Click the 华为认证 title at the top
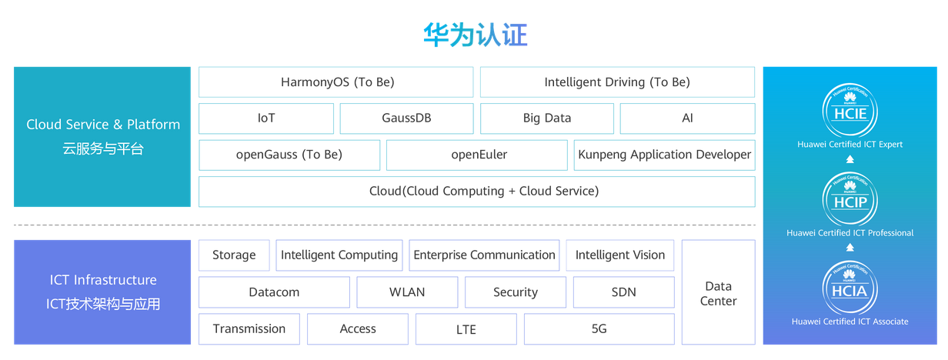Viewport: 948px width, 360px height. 475,35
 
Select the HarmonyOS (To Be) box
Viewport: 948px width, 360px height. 336,82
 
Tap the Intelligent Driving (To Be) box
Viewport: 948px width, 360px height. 617,82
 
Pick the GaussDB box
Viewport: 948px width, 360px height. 406,118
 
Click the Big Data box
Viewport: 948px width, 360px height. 547,118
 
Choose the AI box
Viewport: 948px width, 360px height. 687,118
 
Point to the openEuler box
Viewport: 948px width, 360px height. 479,155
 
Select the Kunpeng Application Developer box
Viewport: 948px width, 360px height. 665,155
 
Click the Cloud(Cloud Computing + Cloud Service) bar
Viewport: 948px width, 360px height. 476,191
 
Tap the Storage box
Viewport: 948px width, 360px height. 234,255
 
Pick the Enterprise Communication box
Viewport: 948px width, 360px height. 484,255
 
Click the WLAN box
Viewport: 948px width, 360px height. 407,292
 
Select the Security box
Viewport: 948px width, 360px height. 516,292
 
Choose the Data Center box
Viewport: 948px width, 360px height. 718,293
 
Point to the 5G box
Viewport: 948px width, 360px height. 599,329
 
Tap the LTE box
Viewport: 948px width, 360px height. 466,329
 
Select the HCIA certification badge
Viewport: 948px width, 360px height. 850,288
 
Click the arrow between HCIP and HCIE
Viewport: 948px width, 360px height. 850,160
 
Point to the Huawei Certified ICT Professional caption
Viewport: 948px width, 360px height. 850,233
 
